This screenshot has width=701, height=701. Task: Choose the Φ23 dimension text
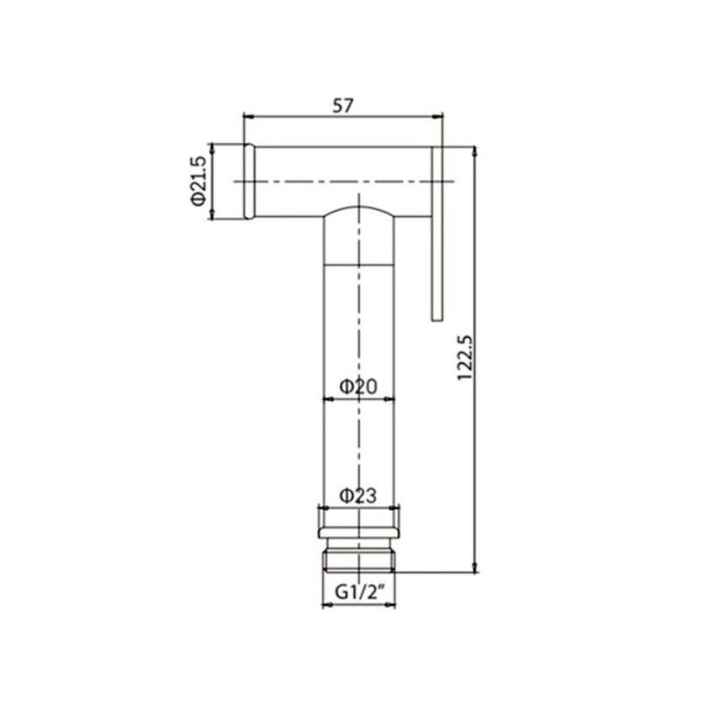coord(358,495)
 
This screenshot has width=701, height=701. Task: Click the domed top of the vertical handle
coord(359,211)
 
